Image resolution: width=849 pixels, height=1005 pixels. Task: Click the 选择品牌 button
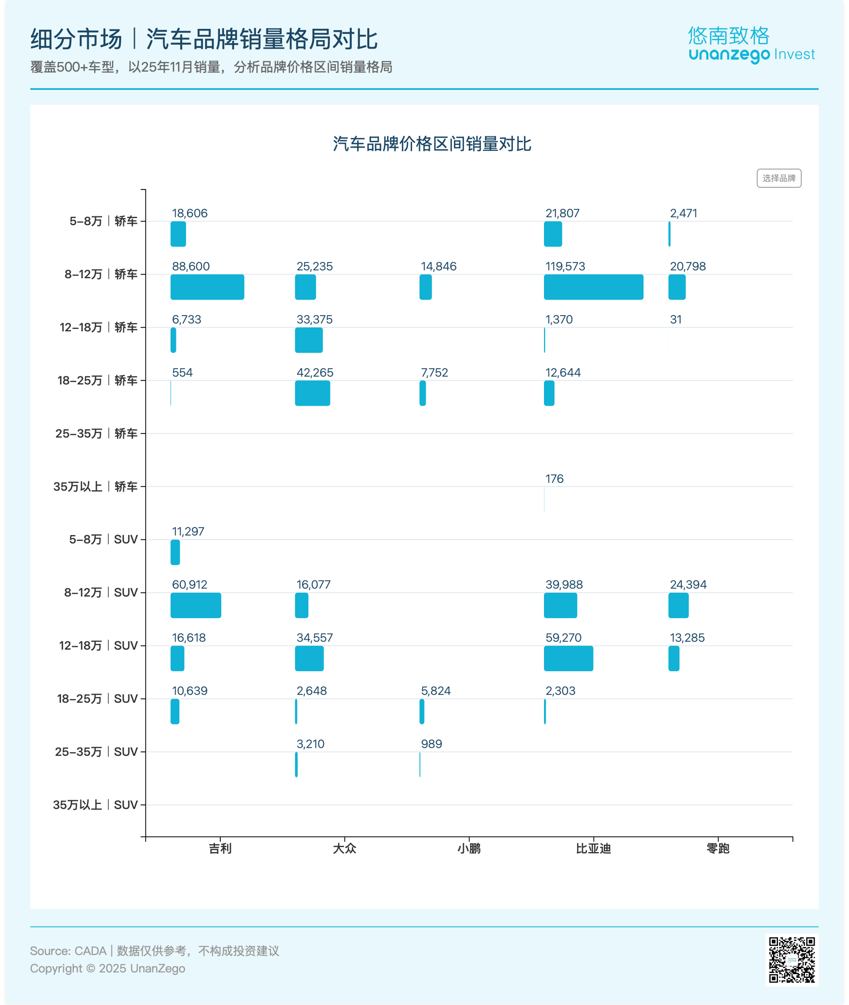click(x=779, y=178)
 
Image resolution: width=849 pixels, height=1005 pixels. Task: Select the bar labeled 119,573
click(x=593, y=287)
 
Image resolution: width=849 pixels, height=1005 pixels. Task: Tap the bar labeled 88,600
click(x=207, y=287)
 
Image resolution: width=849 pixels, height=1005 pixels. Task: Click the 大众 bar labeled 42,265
click(x=313, y=393)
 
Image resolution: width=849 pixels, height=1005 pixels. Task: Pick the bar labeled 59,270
click(x=569, y=659)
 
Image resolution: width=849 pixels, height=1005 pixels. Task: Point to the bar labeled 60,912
click(x=195, y=605)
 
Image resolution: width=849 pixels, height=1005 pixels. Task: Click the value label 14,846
click(x=438, y=266)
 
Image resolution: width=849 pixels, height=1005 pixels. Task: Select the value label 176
click(x=554, y=478)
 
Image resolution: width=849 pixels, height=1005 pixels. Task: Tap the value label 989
click(x=431, y=744)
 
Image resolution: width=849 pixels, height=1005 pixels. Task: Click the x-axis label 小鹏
click(x=469, y=848)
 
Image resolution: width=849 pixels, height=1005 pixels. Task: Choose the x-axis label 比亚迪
click(x=593, y=848)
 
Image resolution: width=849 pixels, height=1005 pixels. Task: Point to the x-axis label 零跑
click(x=717, y=848)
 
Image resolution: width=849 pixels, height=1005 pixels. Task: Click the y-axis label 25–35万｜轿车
click(x=96, y=433)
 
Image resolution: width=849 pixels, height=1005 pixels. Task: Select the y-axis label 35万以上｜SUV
click(x=95, y=805)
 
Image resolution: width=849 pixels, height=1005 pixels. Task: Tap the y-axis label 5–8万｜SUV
click(x=103, y=539)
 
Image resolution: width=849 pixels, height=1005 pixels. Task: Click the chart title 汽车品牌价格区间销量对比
click(x=432, y=144)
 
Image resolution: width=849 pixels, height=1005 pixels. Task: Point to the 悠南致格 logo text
click(x=728, y=36)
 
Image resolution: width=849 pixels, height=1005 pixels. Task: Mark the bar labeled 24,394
click(x=678, y=605)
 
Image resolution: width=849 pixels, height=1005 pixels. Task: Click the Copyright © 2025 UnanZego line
click(x=107, y=968)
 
